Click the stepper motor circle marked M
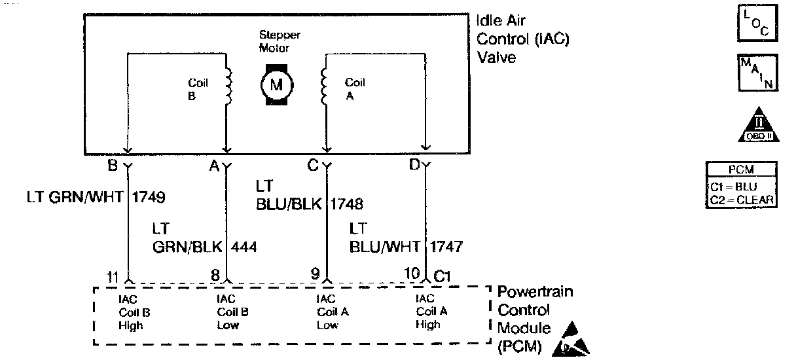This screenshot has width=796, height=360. coord(276,84)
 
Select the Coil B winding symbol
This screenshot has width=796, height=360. coord(228,84)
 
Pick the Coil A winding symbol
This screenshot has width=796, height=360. coord(323,84)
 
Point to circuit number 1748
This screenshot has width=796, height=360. coord(346,204)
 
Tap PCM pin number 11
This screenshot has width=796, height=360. coord(114,276)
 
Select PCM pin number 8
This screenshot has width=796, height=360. coord(215,276)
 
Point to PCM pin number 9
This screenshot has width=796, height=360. coord(315,276)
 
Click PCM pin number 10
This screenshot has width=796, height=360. coord(413,275)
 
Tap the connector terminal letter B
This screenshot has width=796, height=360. coord(113,166)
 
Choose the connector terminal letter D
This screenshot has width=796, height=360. coord(414,166)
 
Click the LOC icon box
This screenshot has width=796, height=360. coord(756,24)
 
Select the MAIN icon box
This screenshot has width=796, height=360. coord(756,73)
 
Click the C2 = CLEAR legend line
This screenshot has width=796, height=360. coord(742,199)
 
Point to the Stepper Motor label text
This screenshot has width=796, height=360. coord(280,41)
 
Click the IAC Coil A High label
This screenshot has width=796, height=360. coord(431,312)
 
